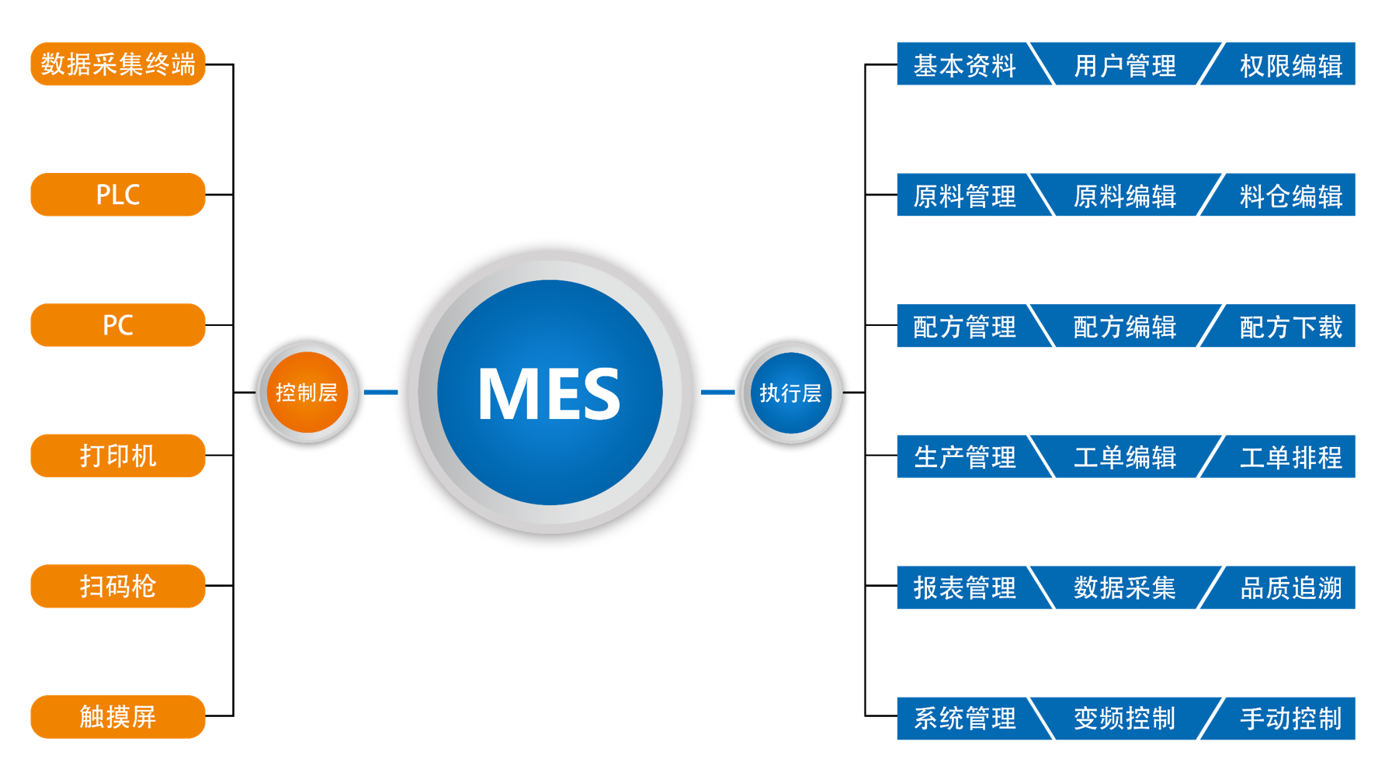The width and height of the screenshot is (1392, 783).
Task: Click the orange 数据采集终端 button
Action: click(x=118, y=64)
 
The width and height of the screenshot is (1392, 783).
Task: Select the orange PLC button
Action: click(x=118, y=194)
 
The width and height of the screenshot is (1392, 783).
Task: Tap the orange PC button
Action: click(x=118, y=324)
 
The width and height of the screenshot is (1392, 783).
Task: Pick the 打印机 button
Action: click(x=118, y=456)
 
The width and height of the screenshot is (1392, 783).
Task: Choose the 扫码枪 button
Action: click(x=118, y=586)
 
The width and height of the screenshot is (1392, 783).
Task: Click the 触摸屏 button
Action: click(x=118, y=716)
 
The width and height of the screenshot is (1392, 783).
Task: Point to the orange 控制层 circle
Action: click(x=307, y=393)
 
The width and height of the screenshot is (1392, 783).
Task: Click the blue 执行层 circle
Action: click(x=791, y=393)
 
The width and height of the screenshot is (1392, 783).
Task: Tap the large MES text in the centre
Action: click(x=549, y=394)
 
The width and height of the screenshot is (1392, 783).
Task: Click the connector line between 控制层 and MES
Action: click(x=380, y=392)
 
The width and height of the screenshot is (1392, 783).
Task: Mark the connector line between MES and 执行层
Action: click(x=717, y=392)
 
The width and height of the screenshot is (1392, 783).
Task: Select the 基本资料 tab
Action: click(x=964, y=65)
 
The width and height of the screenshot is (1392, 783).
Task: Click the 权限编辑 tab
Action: click(x=1290, y=65)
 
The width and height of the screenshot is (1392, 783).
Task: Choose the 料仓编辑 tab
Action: click(x=1290, y=196)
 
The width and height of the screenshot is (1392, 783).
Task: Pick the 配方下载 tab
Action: click(x=1290, y=327)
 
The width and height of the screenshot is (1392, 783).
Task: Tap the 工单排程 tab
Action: click(x=1290, y=457)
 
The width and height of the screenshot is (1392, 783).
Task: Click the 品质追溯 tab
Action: click(x=1290, y=587)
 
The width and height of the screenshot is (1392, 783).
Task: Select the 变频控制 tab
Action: click(x=1124, y=719)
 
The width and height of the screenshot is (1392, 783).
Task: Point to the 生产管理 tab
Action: click(x=964, y=457)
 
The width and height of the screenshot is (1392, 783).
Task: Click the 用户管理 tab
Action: click(x=1124, y=65)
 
